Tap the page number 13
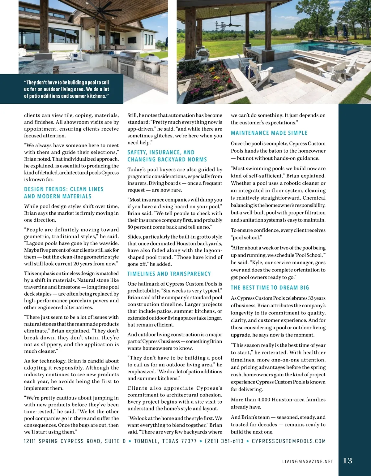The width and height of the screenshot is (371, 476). point(348,461)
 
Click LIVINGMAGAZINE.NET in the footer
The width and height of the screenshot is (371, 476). point(308,461)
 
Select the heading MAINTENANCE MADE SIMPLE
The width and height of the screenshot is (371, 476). point(269,133)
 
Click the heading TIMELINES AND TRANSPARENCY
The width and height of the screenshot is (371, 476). point(169,274)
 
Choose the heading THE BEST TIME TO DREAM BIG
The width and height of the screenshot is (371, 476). point(270,288)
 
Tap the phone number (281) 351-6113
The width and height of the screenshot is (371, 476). point(224,441)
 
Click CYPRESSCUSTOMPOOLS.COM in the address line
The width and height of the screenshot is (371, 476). point(289,441)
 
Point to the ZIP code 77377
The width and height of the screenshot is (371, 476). point(189,441)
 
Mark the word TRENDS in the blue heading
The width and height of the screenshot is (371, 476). point(57,189)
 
